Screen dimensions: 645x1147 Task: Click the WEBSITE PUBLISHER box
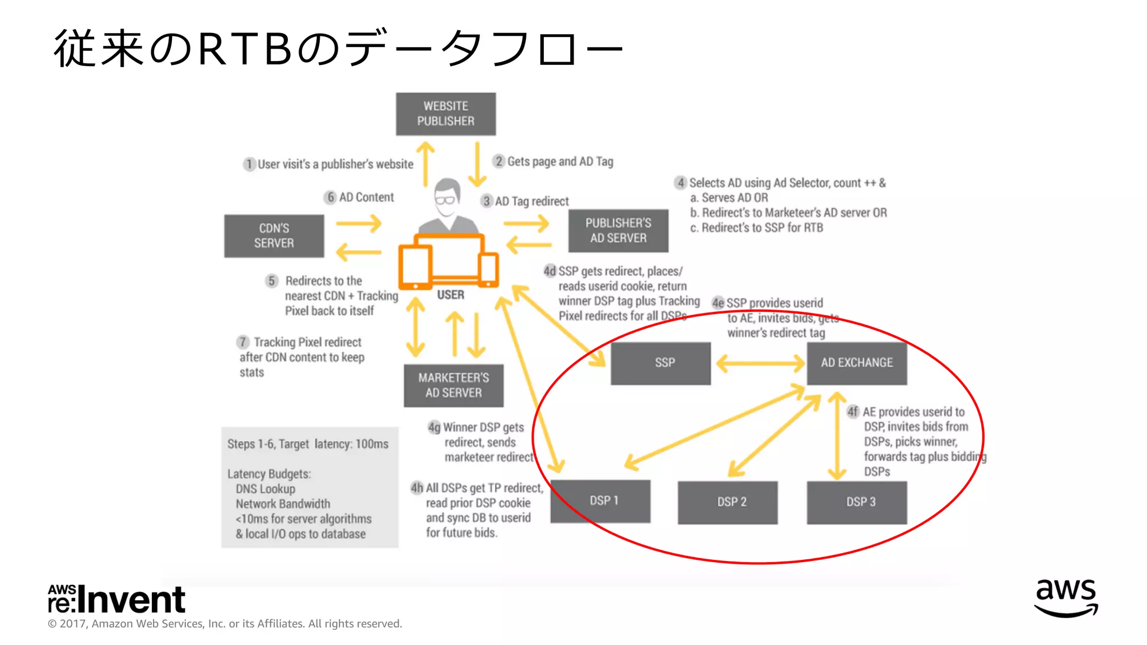445,114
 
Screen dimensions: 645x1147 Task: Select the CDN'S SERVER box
274,236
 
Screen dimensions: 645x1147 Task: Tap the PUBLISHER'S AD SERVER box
618,230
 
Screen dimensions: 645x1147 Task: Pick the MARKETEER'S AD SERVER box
453,385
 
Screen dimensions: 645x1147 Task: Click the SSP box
660,363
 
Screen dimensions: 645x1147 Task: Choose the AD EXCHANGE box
856,363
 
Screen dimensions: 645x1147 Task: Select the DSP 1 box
600,501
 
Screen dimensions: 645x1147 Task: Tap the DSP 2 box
727,502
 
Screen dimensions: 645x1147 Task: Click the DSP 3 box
856,502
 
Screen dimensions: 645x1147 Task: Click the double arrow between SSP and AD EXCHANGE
759,363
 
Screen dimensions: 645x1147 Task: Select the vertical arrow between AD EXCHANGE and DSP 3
837,436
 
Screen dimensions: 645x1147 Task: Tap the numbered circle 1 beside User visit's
249,164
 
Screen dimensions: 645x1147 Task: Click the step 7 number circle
243,342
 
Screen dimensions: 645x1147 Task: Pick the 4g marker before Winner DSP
434,428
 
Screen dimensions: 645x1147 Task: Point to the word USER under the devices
450,295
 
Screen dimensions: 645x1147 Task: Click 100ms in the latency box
372,444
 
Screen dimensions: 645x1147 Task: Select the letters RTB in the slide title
245,49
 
